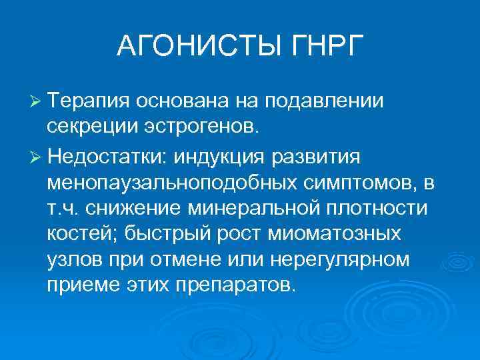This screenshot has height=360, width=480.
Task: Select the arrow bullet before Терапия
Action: click(36, 100)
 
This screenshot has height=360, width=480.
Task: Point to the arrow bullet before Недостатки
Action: click(36, 155)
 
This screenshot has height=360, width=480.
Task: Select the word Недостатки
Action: click(105, 155)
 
